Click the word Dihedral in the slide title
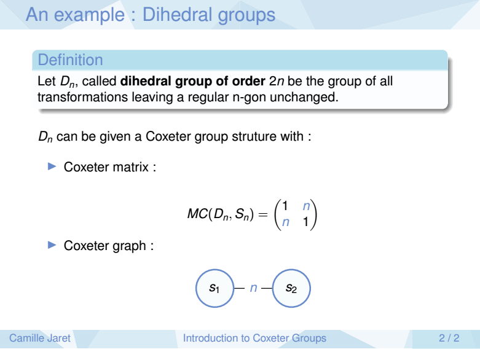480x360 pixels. click(x=178, y=14)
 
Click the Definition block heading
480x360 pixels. click(x=71, y=60)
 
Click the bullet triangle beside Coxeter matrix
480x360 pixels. click(x=52, y=166)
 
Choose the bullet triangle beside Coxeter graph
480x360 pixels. click(x=52, y=245)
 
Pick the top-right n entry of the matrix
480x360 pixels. click(x=306, y=206)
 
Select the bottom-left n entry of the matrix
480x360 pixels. click(x=285, y=222)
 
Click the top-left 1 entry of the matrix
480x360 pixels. click(x=285, y=206)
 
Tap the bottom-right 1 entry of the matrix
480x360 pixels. click(x=305, y=222)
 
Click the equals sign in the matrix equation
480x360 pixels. click(x=263, y=214)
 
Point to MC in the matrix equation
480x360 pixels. click(x=197, y=214)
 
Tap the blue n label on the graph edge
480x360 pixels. click(x=253, y=288)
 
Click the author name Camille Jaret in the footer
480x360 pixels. click(x=40, y=338)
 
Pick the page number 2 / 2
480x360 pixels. click(x=449, y=338)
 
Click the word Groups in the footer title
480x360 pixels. click(x=309, y=338)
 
